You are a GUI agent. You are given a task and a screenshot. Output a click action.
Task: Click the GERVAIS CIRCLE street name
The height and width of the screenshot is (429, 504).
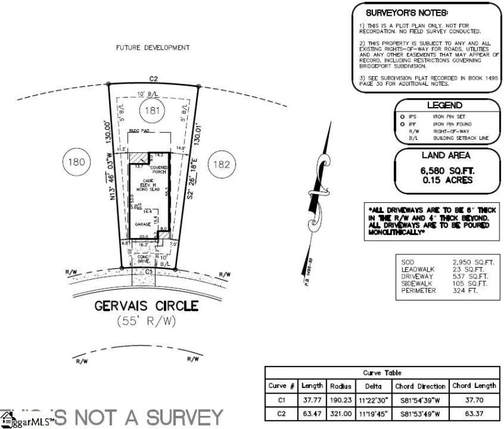coord(146,306)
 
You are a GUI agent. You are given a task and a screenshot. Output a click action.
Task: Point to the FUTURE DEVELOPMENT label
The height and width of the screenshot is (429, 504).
coord(152,48)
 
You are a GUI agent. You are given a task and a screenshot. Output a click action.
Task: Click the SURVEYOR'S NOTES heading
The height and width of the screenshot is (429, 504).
coord(407,13)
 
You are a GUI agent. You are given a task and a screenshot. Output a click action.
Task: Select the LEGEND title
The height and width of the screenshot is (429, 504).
coord(445,106)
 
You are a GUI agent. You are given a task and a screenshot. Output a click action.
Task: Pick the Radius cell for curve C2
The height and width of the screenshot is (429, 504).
coord(341,413)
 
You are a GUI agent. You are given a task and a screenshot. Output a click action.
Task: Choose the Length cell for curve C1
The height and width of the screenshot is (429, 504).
coord(313,399)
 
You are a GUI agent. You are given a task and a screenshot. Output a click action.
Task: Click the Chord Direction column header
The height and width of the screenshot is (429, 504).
coord(420,386)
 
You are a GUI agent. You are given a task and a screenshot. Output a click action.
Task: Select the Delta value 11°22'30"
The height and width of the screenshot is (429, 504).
coord(369,399)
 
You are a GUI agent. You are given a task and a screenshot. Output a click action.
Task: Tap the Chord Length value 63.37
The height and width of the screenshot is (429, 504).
coord(474,413)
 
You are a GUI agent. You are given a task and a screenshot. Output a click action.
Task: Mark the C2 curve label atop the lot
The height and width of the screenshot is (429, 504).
coord(152,79)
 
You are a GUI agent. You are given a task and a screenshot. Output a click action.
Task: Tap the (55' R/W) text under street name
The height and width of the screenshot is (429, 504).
coord(146,321)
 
